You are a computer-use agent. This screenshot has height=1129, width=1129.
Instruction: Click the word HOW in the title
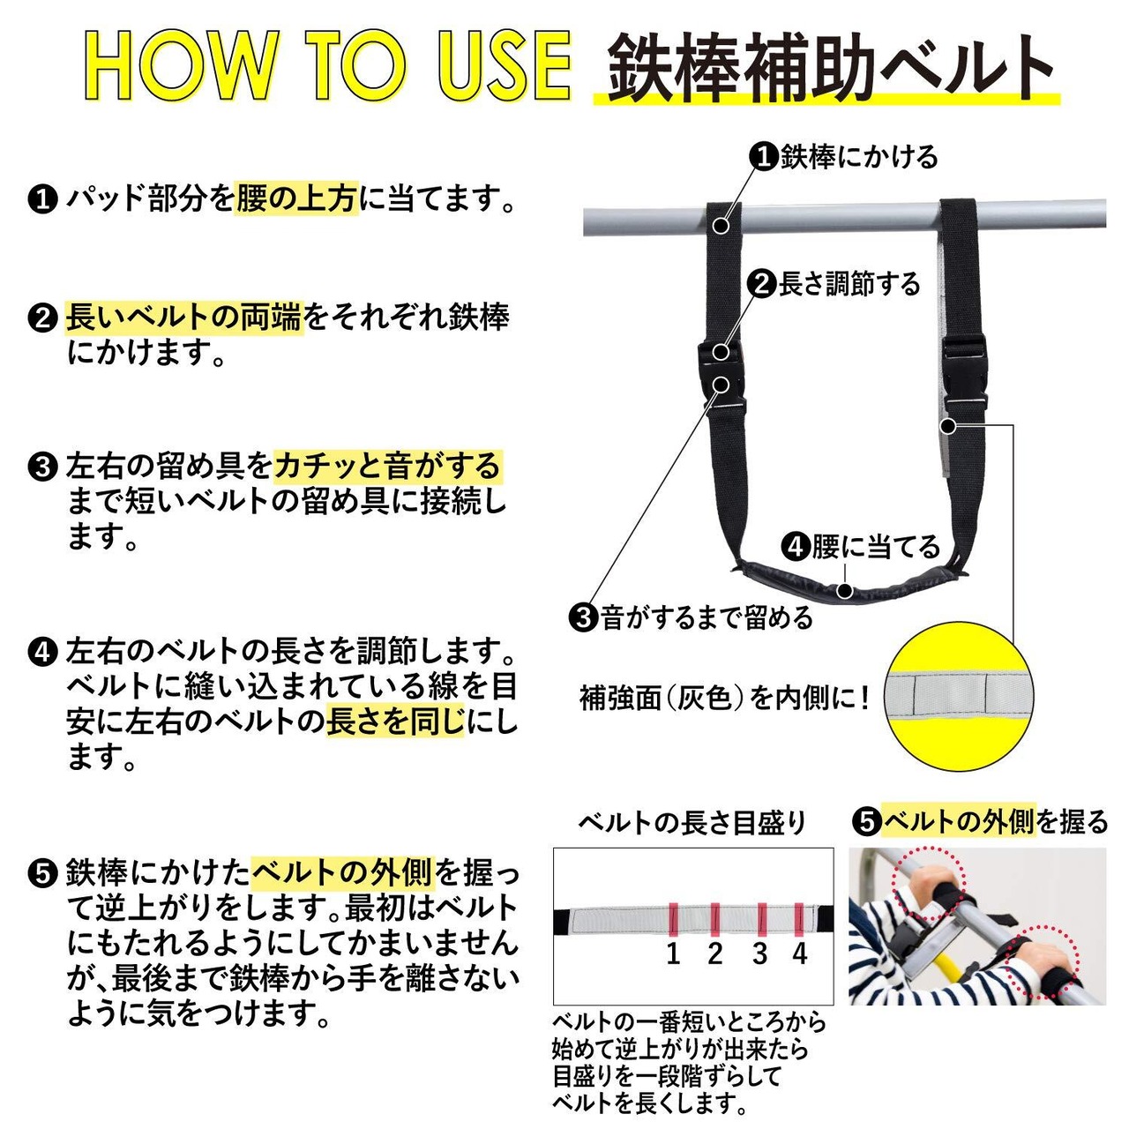179,66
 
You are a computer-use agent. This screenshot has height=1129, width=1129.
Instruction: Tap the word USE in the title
505,66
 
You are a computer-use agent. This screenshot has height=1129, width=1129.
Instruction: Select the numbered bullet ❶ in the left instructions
42,200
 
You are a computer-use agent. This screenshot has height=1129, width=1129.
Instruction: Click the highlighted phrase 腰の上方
295,198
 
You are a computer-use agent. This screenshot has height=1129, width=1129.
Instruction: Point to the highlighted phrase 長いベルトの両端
184,317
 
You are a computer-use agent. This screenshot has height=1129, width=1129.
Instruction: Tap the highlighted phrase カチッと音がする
388,466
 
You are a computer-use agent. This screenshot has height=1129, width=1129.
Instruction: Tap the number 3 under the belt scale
760,953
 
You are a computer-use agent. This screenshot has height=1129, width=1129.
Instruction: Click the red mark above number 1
673,919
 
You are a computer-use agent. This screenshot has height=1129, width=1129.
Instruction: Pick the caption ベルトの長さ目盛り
692,823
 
